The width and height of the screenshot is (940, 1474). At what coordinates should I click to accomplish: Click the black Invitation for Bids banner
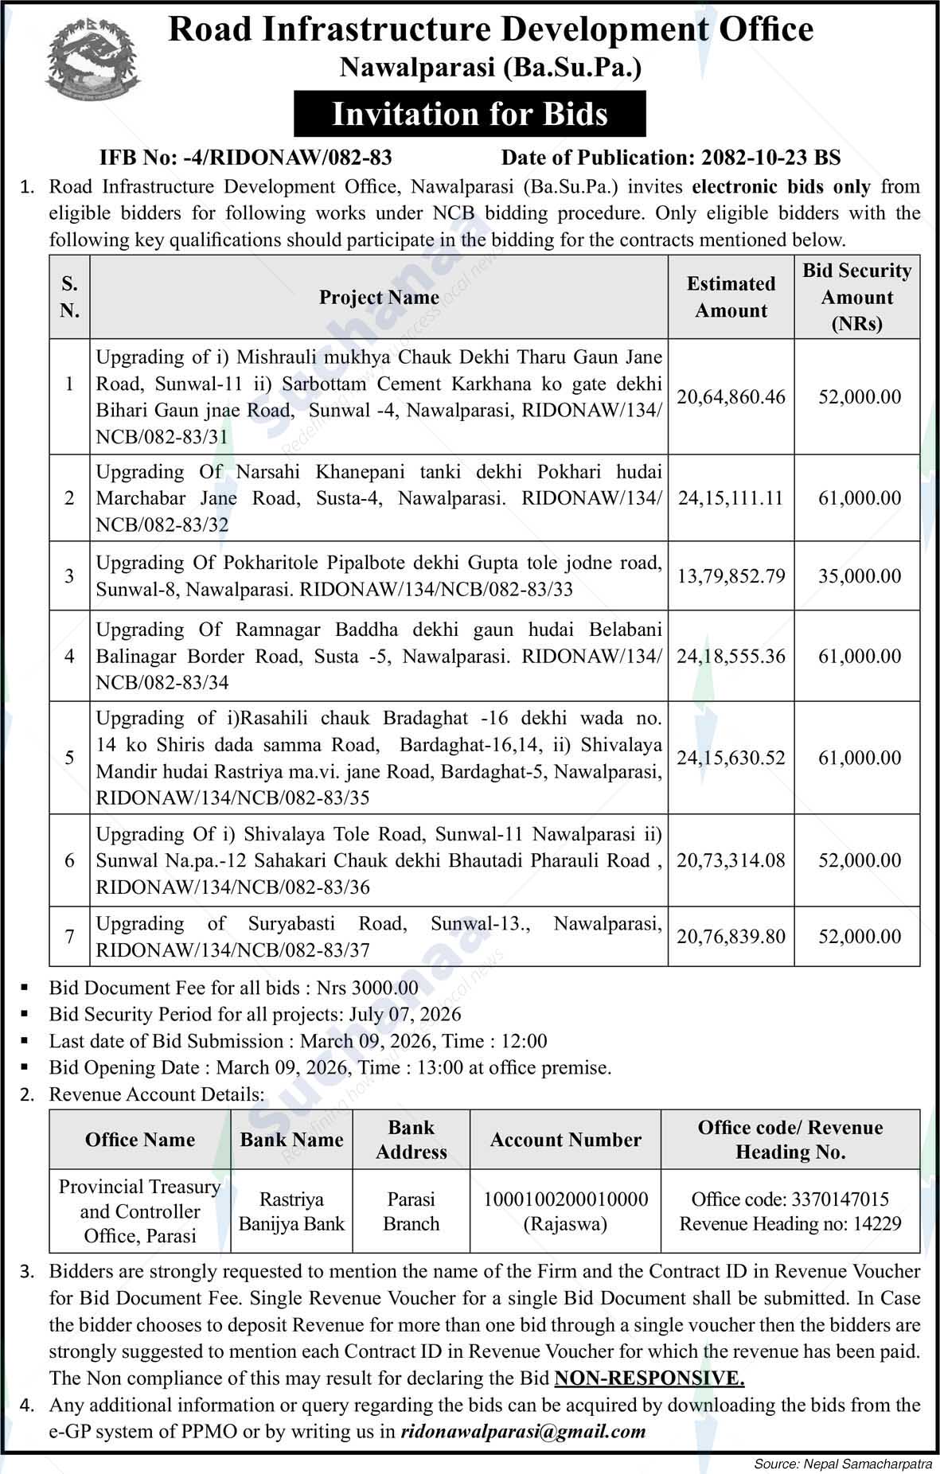(470, 114)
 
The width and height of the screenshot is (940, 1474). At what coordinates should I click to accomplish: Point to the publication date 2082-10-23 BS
(770, 157)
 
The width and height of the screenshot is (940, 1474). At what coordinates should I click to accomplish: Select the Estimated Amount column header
(731, 297)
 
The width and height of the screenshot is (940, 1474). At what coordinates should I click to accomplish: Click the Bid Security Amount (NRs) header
(856, 297)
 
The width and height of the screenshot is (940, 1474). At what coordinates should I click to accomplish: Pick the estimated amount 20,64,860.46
(731, 396)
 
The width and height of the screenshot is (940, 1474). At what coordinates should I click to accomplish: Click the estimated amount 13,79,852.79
(731, 575)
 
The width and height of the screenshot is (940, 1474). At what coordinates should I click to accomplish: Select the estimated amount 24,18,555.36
(731, 656)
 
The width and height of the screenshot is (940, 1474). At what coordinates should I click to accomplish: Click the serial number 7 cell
(69, 936)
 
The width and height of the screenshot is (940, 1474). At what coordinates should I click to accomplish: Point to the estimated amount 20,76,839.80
(731, 936)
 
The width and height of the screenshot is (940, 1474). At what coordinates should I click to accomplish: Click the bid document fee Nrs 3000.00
(367, 988)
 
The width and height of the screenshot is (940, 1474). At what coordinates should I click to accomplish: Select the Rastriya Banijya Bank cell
(291, 1211)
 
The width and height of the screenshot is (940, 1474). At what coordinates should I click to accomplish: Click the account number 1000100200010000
(565, 1199)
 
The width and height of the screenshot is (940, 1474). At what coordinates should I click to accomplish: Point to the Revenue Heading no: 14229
(790, 1223)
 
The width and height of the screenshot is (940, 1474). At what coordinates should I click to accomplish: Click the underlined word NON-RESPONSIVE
(649, 1378)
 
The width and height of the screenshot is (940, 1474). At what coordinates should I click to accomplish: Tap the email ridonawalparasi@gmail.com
(524, 1431)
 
